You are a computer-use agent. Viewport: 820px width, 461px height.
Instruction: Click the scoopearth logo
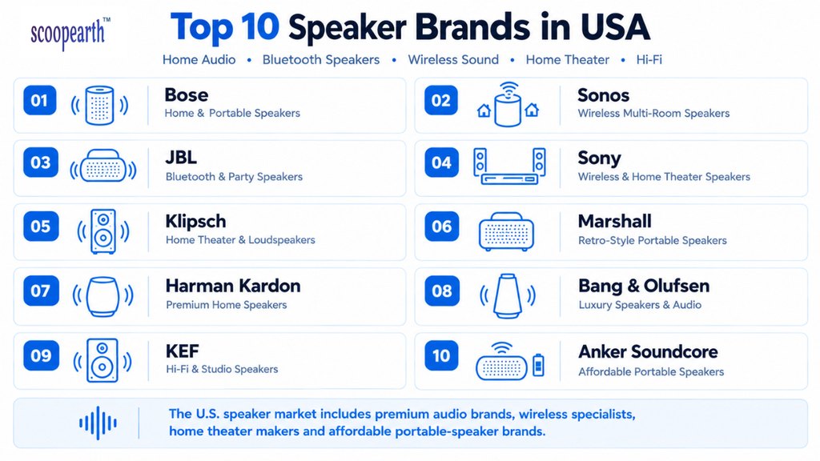tap(70, 34)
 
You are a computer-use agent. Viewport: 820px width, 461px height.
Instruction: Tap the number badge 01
tap(40, 100)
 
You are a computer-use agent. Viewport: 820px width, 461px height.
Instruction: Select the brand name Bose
tap(186, 95)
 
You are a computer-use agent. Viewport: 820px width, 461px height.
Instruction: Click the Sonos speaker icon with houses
tap(508, 104)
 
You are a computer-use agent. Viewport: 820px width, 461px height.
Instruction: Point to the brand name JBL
tap(181, 158)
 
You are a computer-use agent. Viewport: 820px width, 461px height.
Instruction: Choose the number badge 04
tap(441, 162)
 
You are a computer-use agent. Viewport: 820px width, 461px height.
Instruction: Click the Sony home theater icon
tap(509, 166)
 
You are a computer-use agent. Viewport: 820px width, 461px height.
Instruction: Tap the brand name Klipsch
tap(195, 222)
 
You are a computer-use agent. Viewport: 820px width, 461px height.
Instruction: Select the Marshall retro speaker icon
tap(506, 231)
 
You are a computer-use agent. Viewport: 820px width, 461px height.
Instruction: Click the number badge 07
tap(40, 291)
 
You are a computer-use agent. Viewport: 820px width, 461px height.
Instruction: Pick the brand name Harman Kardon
tap(233, 286)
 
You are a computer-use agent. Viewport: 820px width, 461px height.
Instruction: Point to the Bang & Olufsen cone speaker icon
tap(508, 296)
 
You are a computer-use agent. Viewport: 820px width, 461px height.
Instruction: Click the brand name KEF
tap(183, 351)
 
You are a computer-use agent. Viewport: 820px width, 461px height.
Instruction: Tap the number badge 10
tap(441, 355)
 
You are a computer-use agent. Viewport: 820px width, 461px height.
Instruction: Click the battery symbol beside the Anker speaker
tap(538, 365)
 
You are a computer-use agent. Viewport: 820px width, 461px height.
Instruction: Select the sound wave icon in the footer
tap(98, 423)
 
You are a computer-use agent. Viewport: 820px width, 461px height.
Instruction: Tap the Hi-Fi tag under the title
tap(649, 60)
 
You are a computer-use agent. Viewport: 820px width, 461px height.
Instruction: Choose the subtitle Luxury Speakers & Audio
tap(640, 305)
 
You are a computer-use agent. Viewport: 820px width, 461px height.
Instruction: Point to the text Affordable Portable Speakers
tap(651, 371)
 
